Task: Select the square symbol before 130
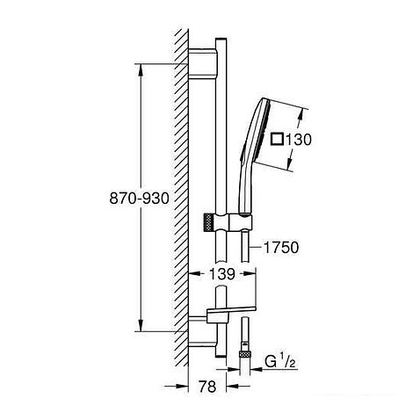[279, 138]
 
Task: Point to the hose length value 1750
[282, 249]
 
